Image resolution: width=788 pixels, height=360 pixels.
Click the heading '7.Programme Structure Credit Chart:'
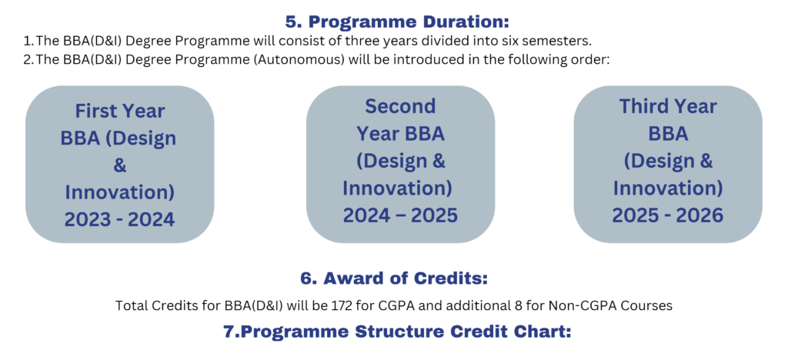[393, 332]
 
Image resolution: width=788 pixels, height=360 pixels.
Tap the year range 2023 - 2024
[119, 219]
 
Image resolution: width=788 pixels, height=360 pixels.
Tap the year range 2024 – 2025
[400, 215]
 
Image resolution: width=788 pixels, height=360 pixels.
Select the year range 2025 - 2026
[668, 215]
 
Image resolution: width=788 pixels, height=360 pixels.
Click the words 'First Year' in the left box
[119, 111]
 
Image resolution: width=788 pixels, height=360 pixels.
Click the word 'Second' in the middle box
[400, 106]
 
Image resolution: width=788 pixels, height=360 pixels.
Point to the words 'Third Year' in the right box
[668, 106]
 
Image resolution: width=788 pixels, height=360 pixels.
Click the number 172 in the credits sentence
[403, 305]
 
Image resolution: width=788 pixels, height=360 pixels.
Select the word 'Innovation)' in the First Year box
[119, 192]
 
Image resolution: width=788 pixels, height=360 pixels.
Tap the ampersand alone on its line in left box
[119, 165]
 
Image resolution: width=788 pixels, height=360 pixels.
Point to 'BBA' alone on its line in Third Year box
[668, 134]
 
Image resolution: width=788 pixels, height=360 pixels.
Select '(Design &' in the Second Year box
[400, 161]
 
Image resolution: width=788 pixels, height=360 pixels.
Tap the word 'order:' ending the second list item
[592, 59]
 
